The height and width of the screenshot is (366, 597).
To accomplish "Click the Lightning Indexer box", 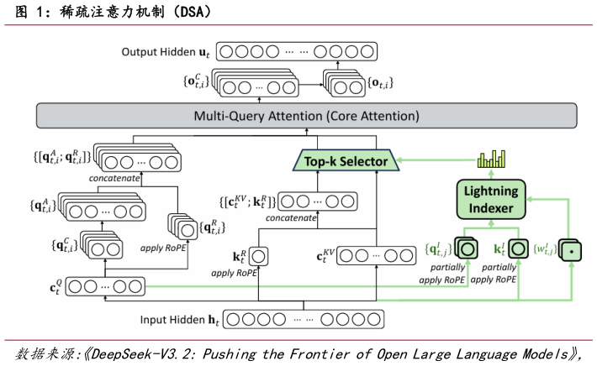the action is tap(491, 200).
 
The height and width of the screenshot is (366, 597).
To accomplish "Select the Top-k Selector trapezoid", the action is tap(346, 160).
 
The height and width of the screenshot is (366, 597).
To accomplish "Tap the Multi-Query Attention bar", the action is tap(307, 116).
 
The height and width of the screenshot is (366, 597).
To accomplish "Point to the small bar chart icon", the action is tap(491, 159).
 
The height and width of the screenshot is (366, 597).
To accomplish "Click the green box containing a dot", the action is tap(570, 250).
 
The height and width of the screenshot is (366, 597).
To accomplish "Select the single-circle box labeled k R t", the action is tap(258, 257).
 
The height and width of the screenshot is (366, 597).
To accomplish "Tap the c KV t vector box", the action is tap(376, 256).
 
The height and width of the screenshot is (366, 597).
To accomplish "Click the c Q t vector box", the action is tap(105, 286).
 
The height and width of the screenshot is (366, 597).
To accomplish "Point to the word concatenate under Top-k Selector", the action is tap(291, 217).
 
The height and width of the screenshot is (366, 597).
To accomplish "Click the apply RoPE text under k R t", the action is tap(234, 273).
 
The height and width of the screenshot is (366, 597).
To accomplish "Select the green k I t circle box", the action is tap(518, 249).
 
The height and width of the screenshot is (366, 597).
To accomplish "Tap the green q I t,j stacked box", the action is tap(467, 248).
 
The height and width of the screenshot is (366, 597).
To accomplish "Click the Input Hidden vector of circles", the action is tap(304, 319).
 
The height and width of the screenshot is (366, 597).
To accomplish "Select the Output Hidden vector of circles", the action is tap(297, 52).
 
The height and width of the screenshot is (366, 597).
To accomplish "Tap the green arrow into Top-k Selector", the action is tap(436, 159).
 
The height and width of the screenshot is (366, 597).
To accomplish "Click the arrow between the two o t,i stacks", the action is tap(311, 85).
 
